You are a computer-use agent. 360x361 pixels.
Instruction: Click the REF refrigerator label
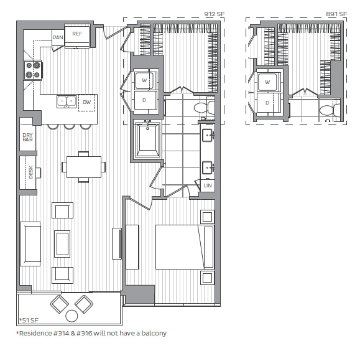pyautogui.click(x=77, y=34)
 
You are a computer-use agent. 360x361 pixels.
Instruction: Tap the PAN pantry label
pyautogui.click(x=58, y=37)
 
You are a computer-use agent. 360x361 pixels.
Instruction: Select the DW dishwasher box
pyautogui.click(x=86, y=103)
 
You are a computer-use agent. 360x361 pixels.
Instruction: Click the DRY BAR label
pyautogui.click(x=27, y=137)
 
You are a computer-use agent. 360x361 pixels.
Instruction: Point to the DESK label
pyautogui.click(x=31, y=172)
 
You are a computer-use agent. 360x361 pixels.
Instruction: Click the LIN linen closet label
pyautogui.click(x=208, y=185)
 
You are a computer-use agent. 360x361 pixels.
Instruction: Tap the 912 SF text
pyautogui.click(x=214, y=14)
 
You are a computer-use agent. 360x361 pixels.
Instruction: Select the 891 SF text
pyautogui.click(x=336, y=14)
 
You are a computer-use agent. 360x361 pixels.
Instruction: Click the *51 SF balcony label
pyautogui.click(x=29, y=320)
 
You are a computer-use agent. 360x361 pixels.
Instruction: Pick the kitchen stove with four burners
pyautogui.click(x=33, y=70)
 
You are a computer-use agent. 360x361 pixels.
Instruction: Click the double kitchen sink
pyautogui.click(x=67, y=101)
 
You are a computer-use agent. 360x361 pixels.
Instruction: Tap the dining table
pyautogui.click(x=84, y=167)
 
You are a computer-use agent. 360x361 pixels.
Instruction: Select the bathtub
pyautogui.click(x=147, y=139)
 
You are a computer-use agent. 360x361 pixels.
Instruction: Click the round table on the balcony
pyautogui.click(x=72, y=316)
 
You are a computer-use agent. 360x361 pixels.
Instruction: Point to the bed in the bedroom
pyautogui.click(x=185, y=247)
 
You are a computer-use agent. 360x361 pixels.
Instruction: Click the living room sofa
pyautogui.click(x=30, y=244)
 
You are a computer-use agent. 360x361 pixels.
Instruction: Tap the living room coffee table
pyautogui.click(x=62, y=244)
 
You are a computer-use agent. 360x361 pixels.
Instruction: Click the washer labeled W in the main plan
pyautogui.click(x=144, y=80)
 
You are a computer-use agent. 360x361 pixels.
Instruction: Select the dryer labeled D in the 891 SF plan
pyautogui.click(x=267, y=103)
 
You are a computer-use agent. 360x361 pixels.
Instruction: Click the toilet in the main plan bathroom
pyautogui.click(x=205, y=108)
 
